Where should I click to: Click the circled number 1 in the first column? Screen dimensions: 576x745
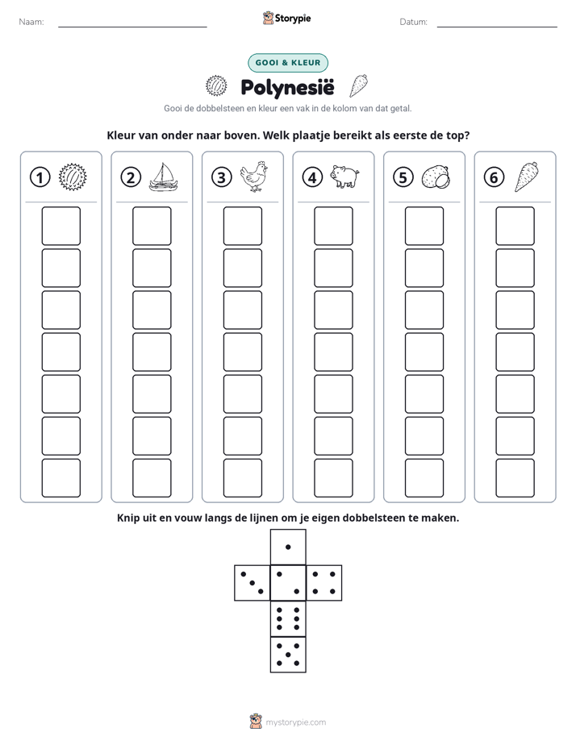point(40,177)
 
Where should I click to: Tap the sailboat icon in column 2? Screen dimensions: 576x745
point(163,177)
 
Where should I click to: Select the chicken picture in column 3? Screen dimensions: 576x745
point(254,177)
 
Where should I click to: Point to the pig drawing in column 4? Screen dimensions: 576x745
point(345,177)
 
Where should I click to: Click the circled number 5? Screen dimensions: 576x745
point(403,177)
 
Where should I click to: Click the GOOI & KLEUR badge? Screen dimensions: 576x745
point(288,63)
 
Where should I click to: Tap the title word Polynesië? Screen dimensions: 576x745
point(287,87)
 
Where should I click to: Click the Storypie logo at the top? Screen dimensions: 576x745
point(286,19)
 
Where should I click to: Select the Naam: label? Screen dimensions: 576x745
point(31,22)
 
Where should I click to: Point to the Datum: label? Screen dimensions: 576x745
point(413,22)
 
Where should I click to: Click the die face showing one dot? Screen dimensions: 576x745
point(288,547)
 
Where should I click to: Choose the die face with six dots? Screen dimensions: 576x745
point(288,618)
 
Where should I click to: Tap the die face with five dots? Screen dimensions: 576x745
point(288,654)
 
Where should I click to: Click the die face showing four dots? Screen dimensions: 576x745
point(323,583)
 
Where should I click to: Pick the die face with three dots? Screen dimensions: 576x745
point(253,583)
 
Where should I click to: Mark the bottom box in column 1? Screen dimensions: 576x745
point(61,478)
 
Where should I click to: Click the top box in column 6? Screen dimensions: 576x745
point(515,226)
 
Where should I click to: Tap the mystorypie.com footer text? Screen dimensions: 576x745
point(295,722)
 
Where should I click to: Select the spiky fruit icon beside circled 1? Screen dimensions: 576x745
point(73,177)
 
